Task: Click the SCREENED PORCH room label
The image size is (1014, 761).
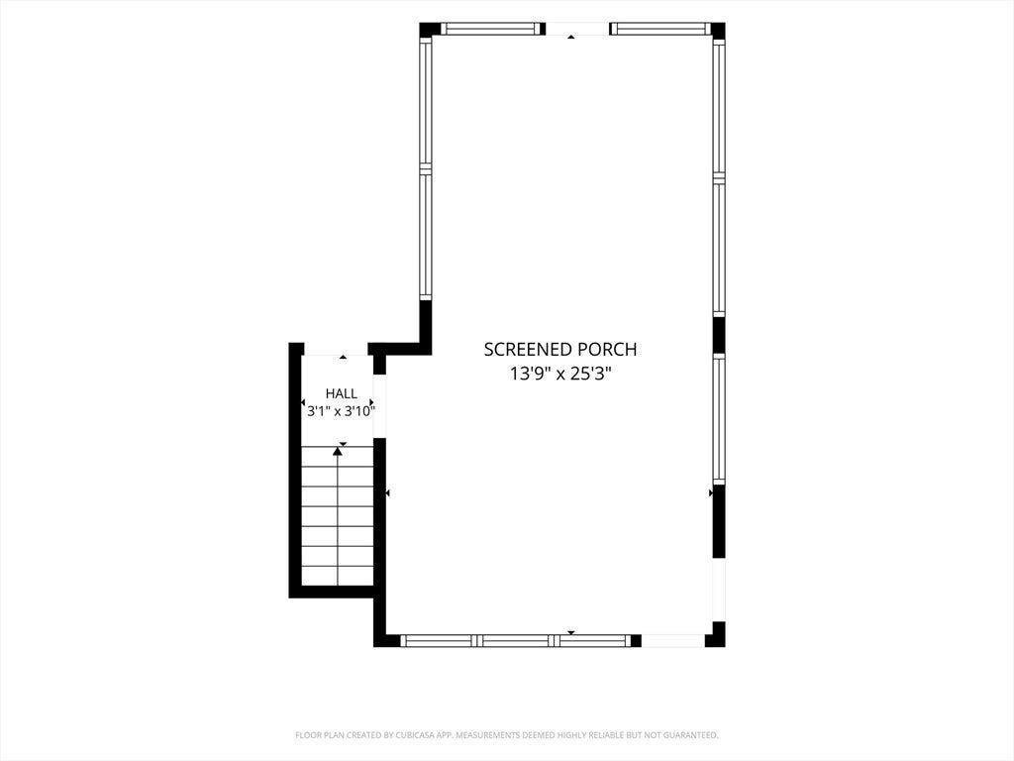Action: pos(560,350)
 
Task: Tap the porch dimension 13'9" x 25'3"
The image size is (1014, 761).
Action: pos(560,374)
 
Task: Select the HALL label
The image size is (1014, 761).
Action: pos(341,393)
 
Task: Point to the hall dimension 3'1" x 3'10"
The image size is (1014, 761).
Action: pos(341,411)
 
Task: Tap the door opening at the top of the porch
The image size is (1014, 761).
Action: pos(577,29)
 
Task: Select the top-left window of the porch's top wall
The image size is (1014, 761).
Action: pos(489,29)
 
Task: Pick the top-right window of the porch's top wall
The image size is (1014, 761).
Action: pos(659,29)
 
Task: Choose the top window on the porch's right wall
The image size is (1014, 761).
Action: pos(719,107)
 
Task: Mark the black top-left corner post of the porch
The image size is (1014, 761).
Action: pos(430,29)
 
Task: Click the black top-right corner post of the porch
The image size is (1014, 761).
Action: pos(718,30)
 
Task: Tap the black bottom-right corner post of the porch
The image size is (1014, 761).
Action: pos(716,635)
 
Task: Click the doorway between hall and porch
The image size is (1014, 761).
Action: pos(379,406)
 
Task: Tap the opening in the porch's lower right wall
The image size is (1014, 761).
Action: pos(719,590)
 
